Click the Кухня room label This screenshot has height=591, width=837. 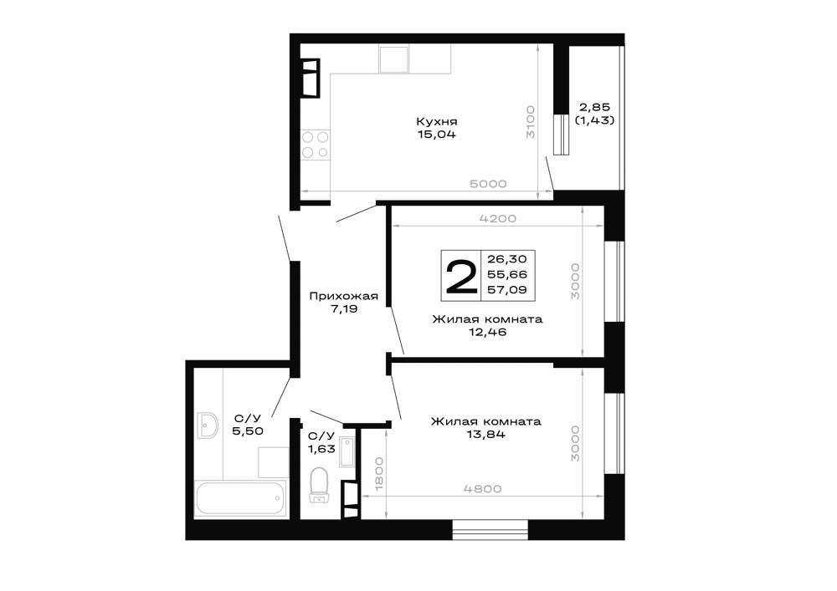[437, 121]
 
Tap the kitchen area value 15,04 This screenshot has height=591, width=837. [437, 135]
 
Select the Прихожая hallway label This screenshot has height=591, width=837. [344, 296]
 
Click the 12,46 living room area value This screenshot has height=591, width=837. [487, 332]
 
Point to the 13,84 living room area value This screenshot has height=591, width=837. [485, 435]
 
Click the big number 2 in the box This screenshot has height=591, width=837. [461, 276]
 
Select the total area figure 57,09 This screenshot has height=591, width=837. [506, 290]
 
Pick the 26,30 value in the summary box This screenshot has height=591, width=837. [506, 259]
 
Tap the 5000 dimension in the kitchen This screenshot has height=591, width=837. [488, 184]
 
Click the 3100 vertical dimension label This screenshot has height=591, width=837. [530, 121]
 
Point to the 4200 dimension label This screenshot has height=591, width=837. [497, 218]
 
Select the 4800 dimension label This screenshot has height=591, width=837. [483, 489]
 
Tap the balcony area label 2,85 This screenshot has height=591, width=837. [594, 107]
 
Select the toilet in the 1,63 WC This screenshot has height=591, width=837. [319, 485]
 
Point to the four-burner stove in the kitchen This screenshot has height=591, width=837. [315, 145]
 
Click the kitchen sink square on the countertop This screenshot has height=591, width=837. [393, 59]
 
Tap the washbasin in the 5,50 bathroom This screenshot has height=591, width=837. [207, 425]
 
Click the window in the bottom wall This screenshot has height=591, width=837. [490, 530]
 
